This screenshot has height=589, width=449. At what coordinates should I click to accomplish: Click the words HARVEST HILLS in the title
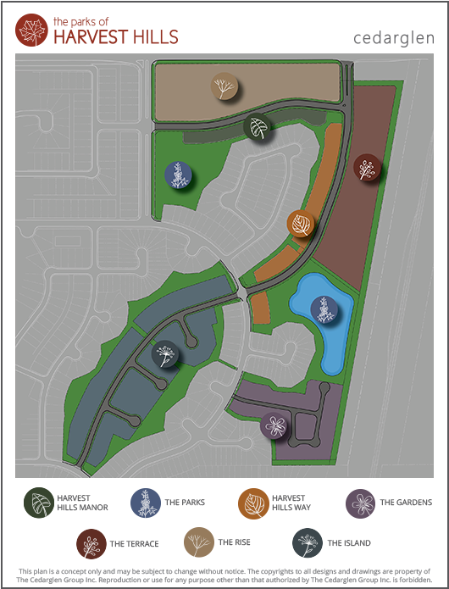[x=115, y=37]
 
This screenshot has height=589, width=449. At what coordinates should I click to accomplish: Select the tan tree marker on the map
[x=224, y=86]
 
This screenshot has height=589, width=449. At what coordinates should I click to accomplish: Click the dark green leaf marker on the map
[x=258, y=128]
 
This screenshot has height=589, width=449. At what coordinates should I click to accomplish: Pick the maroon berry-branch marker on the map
[x=367, y=168]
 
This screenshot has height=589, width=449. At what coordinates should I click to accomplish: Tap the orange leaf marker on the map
[x=301, y=224]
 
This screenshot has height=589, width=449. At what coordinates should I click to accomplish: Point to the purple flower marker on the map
[x=274, y=424]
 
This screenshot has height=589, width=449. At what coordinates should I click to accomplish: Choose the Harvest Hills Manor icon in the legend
[x=38, y=503]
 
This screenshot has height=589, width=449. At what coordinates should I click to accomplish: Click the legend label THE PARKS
[x=185, y=503]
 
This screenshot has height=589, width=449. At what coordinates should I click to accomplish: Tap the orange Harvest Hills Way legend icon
[x=252, y=503]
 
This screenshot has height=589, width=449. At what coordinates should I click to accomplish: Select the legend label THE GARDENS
[x=406, y=503]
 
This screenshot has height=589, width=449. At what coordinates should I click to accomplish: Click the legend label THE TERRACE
[x=129, y=543]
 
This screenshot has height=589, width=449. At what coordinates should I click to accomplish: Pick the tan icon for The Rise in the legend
[x=199, y=543]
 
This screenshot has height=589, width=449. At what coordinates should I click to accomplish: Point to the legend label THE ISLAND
[x=349, y=543]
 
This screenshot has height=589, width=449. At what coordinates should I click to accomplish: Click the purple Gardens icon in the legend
[x=360, y=503]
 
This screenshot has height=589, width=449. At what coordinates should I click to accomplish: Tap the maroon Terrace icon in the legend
[x=89, y=543]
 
